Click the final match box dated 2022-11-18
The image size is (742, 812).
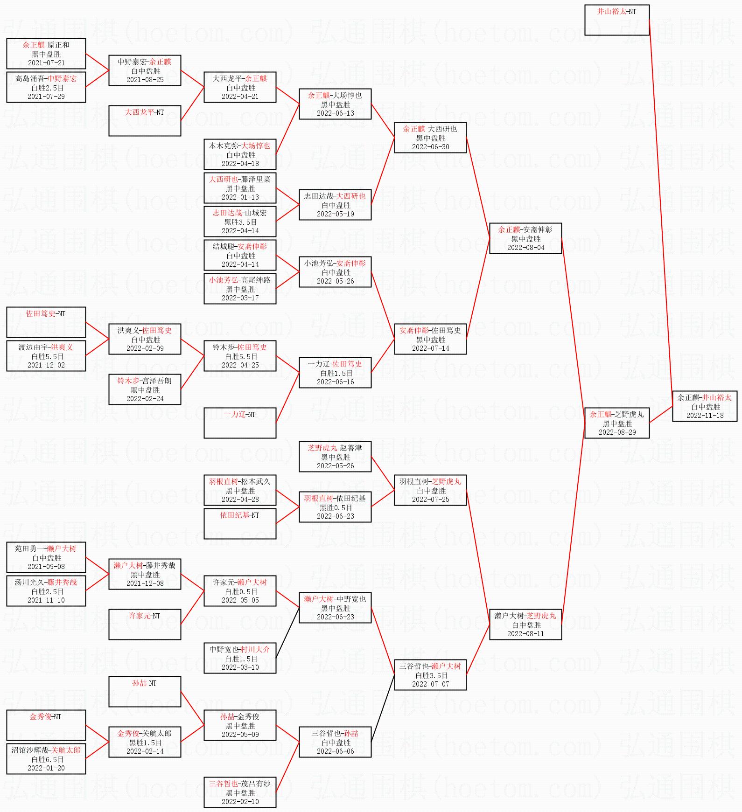point(704,406)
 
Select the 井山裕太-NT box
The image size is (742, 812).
point(616,20)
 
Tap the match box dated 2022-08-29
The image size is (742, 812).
point(616,423)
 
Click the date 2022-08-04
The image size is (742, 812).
point(525,248)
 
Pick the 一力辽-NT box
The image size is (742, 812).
point(239,423)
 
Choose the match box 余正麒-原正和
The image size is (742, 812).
point(46,54)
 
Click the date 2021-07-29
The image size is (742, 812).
point(46,97)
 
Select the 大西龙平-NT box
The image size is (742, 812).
point(144,120)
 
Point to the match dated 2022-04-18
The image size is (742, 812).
point(240,154)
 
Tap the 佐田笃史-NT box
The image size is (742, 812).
point(46,322)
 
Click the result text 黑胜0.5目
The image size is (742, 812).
point(335,507)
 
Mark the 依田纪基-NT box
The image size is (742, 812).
point(239,523)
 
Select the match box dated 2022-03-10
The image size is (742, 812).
point(240,658)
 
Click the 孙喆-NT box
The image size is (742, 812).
point(144,691)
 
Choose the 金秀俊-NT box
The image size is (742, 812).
point(46,725)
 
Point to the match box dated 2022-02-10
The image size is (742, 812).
point(240,792)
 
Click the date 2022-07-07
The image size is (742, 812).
point(430,684)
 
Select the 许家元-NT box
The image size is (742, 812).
point(144,624)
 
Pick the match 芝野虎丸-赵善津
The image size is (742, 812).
point(335,457)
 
